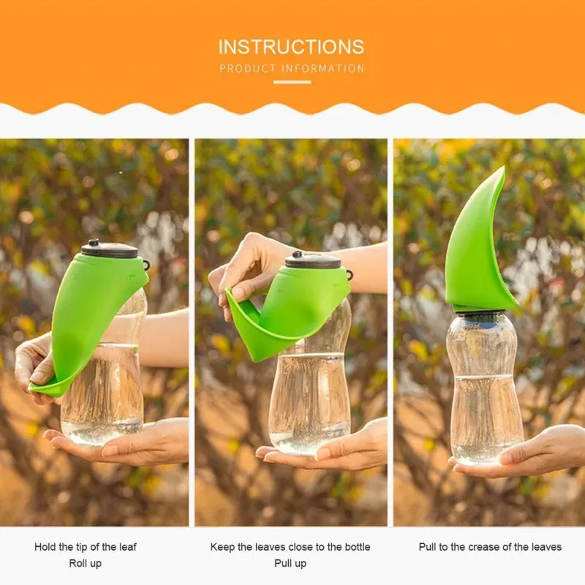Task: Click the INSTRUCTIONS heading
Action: [291, 47]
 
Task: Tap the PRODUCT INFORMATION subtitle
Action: [292, 69]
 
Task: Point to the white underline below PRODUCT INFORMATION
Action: [292, 82]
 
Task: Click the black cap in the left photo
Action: [110, 249]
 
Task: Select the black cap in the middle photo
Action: [313, 260]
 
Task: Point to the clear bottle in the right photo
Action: [485, 388]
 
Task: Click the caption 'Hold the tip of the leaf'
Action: [86, 547]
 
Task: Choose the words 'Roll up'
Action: [86, 563]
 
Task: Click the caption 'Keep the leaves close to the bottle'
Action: [290, 547]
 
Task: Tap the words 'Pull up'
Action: [290, 563]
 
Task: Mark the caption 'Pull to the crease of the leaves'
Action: [490, 547]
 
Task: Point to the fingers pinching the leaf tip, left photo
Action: [37, 366]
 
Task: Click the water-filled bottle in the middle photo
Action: [311, 395]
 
